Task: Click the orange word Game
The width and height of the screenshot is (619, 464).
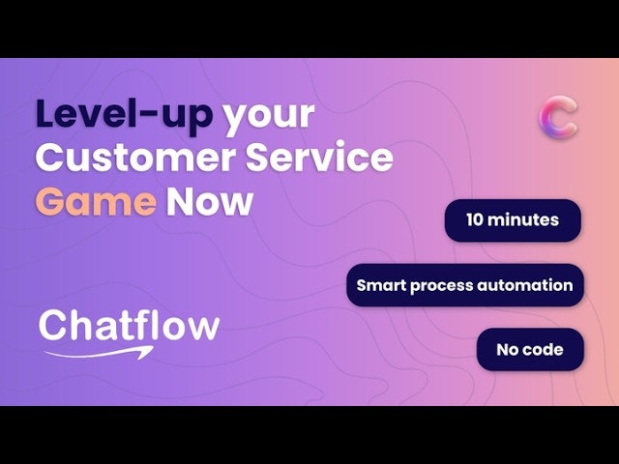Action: [96, 202]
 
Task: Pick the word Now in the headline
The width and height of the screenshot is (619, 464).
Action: [209, 202]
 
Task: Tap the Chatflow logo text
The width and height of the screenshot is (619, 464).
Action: [129, 326]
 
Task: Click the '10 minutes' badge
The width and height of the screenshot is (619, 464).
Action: [513, 220]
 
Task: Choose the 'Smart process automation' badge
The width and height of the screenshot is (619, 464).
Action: [464, 285]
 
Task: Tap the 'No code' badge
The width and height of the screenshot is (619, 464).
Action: [529, 349]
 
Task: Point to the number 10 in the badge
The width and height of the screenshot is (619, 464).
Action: [476, 220]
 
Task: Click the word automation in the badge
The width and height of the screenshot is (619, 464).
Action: [529, 285]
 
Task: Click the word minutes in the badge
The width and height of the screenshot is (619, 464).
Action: [524, 220]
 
